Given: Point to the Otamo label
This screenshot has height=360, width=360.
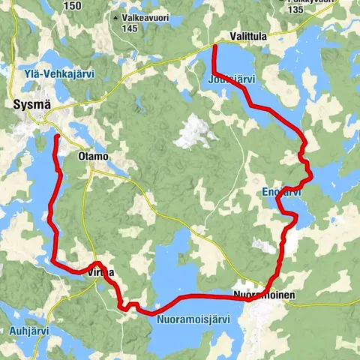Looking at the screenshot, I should pyautogui.click(x=93, y=157).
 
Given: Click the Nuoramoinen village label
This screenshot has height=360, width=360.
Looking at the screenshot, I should pyautogui.click(x=264, y=295).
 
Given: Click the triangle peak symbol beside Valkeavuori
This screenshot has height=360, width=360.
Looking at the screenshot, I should pyautogui.click(x=114, y=16).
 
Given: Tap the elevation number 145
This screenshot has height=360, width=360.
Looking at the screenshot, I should pyautogui.click(x=130, y=28).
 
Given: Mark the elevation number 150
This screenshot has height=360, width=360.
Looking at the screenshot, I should pyautogui.click(x=73, y=6).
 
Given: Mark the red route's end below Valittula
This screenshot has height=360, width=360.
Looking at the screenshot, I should pyautogui.click(x=215, y=47).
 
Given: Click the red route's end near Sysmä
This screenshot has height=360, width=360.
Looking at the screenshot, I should pyautogui.click(x=58, y=136).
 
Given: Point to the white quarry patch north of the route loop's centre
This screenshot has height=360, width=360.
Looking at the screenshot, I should pyautogui.click(x=196, y=131).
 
